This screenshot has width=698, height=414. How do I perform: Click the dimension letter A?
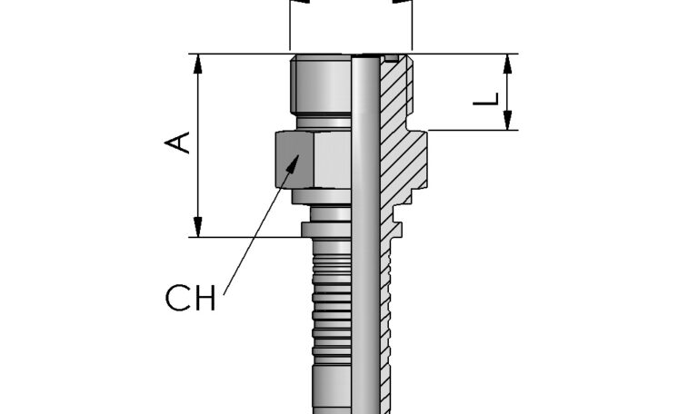click(181, 143)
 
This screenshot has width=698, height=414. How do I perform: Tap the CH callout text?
click(191, 298)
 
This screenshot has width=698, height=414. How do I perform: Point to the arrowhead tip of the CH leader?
click(297, 156)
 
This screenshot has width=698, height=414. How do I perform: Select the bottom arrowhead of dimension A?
click(197, 230)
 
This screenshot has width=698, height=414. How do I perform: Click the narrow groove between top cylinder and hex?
click(322, 120)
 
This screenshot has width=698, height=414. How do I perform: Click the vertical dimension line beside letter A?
click(197, 182)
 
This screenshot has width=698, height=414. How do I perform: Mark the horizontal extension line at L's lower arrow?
click(473, 131)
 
